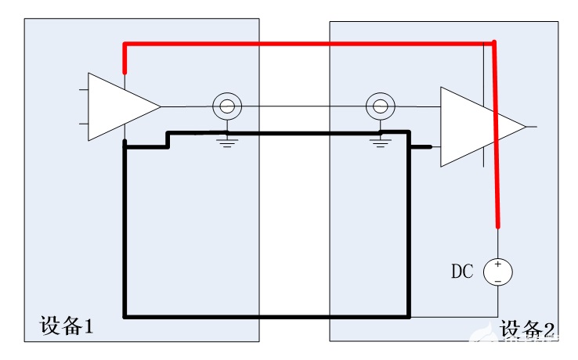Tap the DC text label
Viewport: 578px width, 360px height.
coord(462,272)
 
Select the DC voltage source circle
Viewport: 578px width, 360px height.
coord(498,272)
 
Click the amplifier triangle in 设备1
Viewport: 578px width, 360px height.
coord(117,107)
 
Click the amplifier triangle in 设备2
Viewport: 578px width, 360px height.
coord(474,127)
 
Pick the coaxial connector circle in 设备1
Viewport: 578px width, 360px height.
coord(227,106)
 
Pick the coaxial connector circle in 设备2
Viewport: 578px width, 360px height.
coord(380,106)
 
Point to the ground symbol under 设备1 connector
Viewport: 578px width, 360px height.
coord(227,141)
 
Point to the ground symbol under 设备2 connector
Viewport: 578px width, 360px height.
coord(380,141)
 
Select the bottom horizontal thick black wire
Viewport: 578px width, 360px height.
coord(266,317)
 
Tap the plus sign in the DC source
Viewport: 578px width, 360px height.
coord(498,265)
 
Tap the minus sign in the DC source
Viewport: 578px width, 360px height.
coord(498,279)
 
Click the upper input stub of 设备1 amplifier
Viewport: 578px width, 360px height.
coord(83,89)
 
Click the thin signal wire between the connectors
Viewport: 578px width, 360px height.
coord(304,106)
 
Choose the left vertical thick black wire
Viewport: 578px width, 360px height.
coord(125,235)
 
